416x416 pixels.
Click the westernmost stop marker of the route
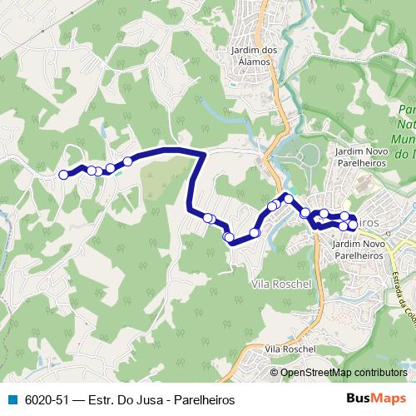pyautogui.click(x=63, y=175)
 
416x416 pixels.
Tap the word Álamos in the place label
pyautogui.click(x=253, y=62)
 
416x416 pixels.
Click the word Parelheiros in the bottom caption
pyautogui.click(x=194, y=400)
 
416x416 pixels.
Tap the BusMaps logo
pyautogui.click(x=376, y=399)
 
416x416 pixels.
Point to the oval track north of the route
pyautogui.click(x=308, y=155)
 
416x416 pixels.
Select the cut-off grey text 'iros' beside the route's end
pyautogui.click(x=369, y=224)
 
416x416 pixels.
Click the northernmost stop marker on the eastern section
pyautogui.click(x=288, y=199)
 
